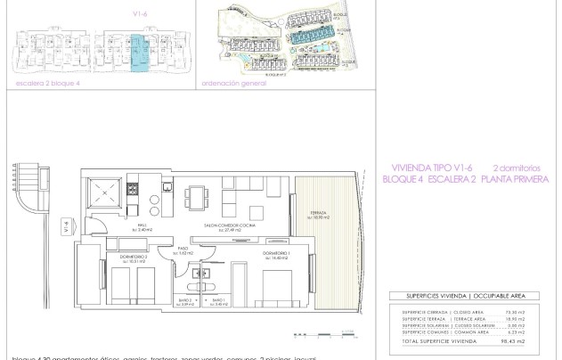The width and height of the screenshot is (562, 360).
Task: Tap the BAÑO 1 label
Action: pyautogui.click(x=186, y=303)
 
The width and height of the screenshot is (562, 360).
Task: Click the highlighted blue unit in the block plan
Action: pyautogui.click(x=137, y=53)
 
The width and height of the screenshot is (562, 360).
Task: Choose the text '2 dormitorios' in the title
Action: pyautogui.click(x=517, y=167)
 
